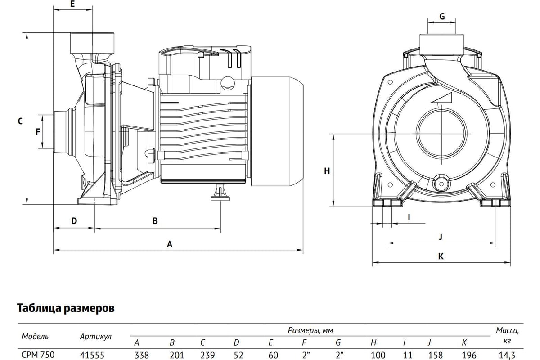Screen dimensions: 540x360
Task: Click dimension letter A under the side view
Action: pyautogui.click(x=170, y=244)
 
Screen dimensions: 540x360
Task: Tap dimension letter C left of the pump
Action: pyautogui.click(x=21, y=121)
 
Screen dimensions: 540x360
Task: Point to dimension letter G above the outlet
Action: pyautogui.click(x=442, y=16)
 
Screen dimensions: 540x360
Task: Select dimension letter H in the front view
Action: pyautogui.click(x=327, y=171)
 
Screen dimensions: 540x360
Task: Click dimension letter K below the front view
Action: pyautogui.click(x=441, y=256)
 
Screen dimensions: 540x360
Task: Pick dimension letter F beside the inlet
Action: pyautogui.click(x=38, y=132)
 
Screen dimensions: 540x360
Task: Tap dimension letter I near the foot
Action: pyautogui.click(x=409, y=217)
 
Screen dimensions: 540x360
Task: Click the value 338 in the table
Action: pyautogui.click(x=142, y=355)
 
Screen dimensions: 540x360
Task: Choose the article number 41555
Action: pyautogui.click(x=92, y=355)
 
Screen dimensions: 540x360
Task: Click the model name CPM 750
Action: pyautogui.click(x=38, y=355)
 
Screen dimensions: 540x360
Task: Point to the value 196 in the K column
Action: pyautogui.click(x=469, y=355)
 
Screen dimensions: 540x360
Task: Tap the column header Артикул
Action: pyautogui.click(x=96, y=336)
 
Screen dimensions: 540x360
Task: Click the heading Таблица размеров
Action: pyautogui.click(x=66, y=308)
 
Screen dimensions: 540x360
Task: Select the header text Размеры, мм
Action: pyautogui.click(x=310, y=330)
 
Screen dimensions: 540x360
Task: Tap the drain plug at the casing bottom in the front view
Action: pyautogui.click(x=441, y=184)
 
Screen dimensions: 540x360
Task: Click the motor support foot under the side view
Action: pyautogui.click(x=220, y=193)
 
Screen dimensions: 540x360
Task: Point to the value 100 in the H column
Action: pyautogui.click(x=378, y=355)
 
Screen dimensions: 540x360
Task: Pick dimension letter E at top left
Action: pyautogui.click(x=72, y=4)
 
